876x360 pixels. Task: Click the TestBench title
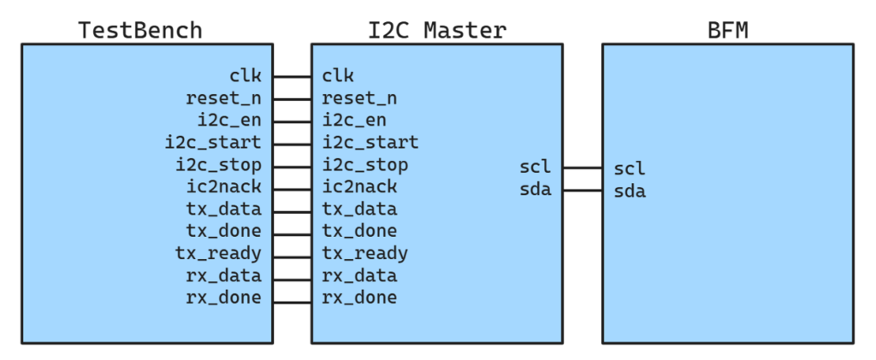click(x=139, y=30)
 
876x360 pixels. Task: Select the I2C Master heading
click(x=437, y=30)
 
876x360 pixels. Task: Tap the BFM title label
click(x=727, y=30)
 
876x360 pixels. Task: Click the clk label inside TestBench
click(x=246, y=75)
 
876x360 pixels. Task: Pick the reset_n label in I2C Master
click(x=359, y=99)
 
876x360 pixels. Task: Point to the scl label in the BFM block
click(x=630, y=168)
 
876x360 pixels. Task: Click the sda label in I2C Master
click(x=536, y=190)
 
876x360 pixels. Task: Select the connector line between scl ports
click(x=582, y=168)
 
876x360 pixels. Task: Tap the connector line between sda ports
click(x=582, y=191)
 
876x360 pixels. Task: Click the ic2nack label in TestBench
click(x=223, y=186)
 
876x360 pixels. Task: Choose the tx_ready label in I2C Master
click(x=364, y=254)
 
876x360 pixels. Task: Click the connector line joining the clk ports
click(x=293, y=76)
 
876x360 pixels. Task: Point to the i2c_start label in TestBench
click(x=213, y=142)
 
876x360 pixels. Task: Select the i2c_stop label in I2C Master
click(x=364, y=165)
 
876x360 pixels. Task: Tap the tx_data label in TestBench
click(x=223, y=210)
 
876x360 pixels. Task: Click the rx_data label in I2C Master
click(x=359, y=276)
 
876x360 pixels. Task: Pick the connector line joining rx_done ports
click(x=293, y=303)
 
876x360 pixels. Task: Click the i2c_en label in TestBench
click(x=229, y=120)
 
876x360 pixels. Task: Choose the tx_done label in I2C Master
click(x=359, y=231)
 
